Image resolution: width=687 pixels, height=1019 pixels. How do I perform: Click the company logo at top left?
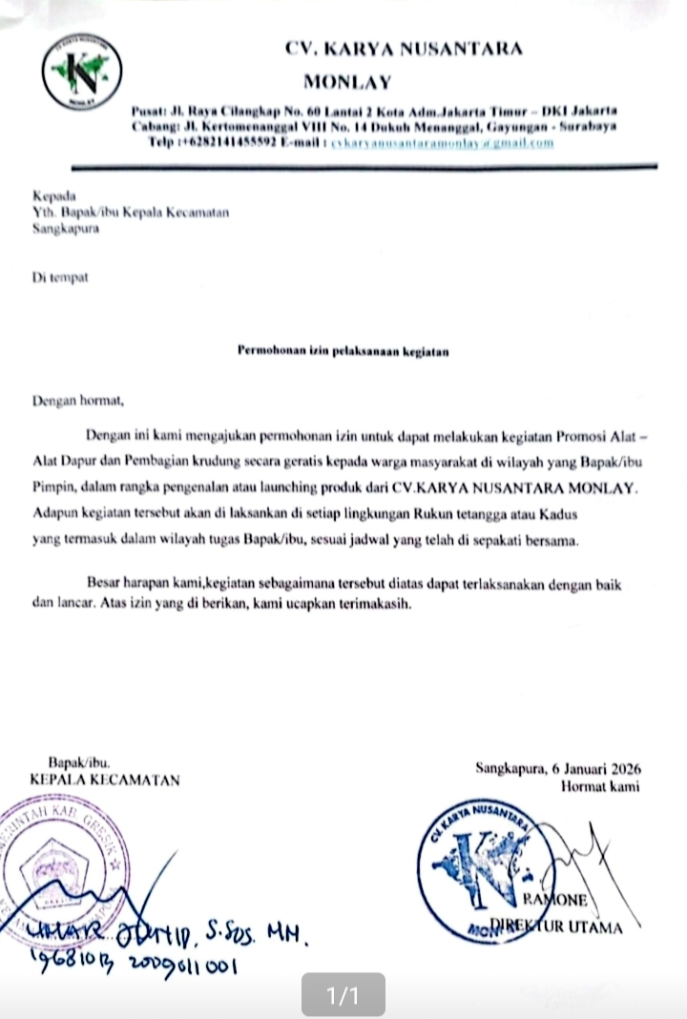(x=82, y=73)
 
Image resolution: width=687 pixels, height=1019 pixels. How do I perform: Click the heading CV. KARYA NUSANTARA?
(x=404, y=49)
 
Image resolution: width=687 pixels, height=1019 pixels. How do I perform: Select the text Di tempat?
(x=59, y=277)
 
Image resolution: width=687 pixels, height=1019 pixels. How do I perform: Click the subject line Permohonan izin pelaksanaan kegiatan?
(x=343, y=351)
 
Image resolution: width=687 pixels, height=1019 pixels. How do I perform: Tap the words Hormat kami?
(x=600, y=786)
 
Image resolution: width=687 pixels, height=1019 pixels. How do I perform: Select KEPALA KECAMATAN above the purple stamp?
(x=105, y=780)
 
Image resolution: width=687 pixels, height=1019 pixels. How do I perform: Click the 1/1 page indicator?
(x=343, y=996)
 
